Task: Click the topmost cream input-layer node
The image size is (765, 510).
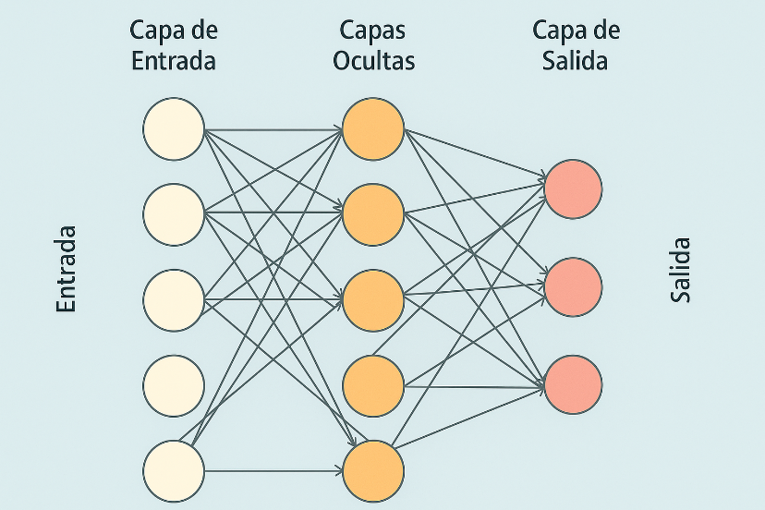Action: click(x=173, y=128)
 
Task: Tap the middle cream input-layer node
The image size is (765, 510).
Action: click(x=173, y=299)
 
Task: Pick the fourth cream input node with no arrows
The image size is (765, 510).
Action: click(x=173, y=385)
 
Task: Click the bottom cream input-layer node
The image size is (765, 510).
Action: click(x=173, y=470)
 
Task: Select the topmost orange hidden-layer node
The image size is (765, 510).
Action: click(x=373, y=128)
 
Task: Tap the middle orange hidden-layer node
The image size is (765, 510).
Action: click(x=373, y=299)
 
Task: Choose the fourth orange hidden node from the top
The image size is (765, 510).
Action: click(x=373, y=385)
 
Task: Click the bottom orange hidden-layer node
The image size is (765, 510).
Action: click(x=373, y=470)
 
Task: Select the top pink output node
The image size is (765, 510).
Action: click(x=573, y=188)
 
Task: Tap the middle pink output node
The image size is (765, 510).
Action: click(x=573, y=285)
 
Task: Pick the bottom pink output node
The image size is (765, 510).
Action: click(x=573, y=383)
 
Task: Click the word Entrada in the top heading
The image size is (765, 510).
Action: click(x=174, y=61)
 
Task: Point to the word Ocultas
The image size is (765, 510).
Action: click(x=373, y=61)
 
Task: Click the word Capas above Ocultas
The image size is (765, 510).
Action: click(x=373, y=30)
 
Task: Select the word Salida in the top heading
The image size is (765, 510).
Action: click(x=576, y=61)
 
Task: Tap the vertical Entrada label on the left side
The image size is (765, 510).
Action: click(x=66, y=268)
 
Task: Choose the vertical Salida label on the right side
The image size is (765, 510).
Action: click(x=681, y=271)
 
